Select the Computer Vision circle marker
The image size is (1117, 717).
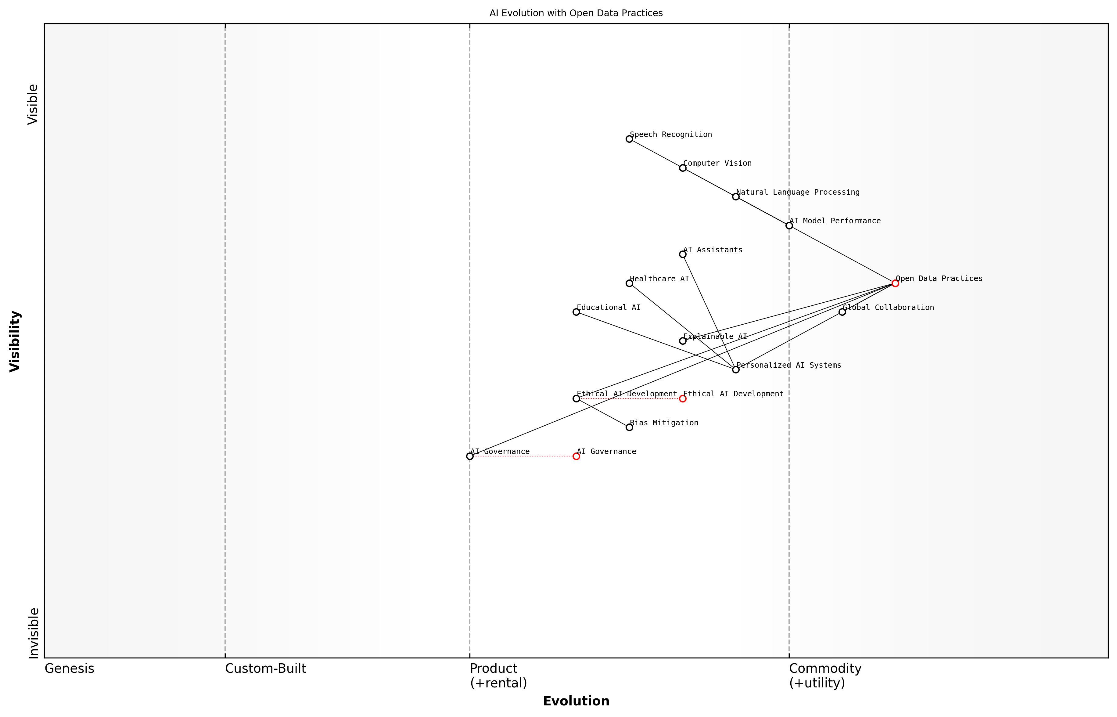click(682, 168)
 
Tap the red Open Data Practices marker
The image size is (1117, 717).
click(895, 283)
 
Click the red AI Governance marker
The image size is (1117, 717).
click(576, 456)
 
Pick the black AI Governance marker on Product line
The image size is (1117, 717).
click(470, 456)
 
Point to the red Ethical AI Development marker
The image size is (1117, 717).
click(682, 398)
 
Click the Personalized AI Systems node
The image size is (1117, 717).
click(735, 370)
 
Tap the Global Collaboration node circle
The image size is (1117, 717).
click(842, 312)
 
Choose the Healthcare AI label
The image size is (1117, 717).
click(659, 279)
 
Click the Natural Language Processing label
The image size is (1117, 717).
click(798, 192)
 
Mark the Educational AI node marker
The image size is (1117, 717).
click(576, 312)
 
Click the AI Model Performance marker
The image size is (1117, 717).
click(789, 225)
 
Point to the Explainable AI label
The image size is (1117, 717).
click(715, 337)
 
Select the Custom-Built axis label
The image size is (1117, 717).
click(265, 668)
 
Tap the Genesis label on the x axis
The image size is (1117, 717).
click(69, 668)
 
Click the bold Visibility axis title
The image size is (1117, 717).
click(15, 341)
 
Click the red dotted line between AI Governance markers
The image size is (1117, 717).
click(523, 456)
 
